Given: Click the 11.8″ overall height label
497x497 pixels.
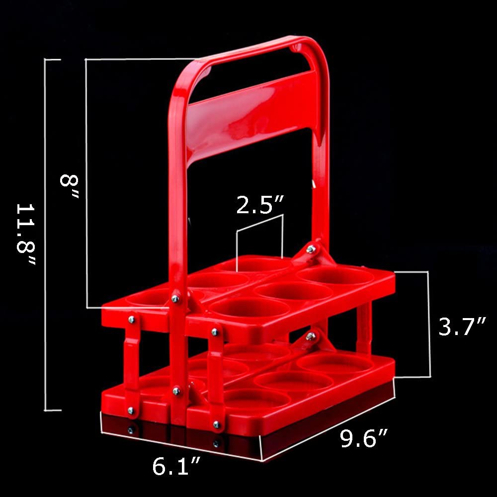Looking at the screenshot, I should [x=26, y=234].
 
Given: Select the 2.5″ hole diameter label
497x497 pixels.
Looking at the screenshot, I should [x=260, y=204].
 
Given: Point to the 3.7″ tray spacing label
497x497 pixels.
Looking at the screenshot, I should [x=461, y=327].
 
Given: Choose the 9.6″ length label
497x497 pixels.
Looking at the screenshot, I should [x=364, y=438].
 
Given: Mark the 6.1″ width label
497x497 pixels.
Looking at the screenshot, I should [x=176, y=466].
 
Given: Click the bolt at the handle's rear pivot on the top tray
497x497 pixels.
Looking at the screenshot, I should [x=310, y=249].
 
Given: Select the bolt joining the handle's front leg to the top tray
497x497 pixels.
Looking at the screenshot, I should [x=175, y=298].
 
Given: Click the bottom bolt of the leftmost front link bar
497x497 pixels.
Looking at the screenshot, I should [x=131, y=410].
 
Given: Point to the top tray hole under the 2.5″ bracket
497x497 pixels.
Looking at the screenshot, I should [x=258, y=264].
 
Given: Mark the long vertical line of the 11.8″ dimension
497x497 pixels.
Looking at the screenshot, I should [x=46, y=234].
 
